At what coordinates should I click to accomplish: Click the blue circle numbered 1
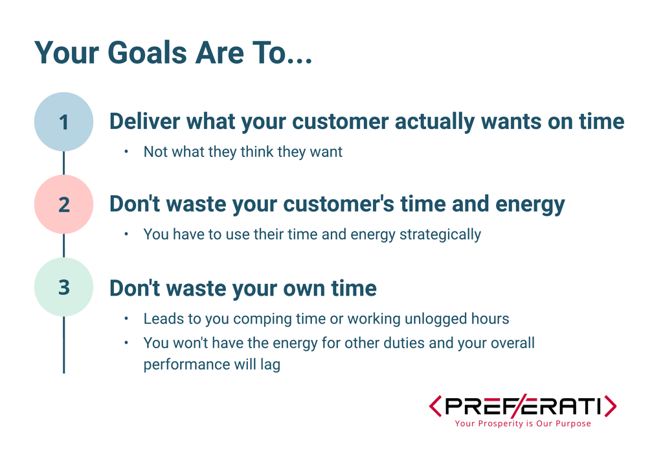[64, 122]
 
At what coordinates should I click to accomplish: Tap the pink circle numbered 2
[64, 204]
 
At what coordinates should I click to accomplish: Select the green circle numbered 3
[64, 287]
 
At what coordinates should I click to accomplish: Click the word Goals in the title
[147, 53]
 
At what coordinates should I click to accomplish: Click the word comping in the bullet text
[263, 319]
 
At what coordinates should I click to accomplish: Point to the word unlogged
[436, 319]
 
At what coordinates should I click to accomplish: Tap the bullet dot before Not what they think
[126, 151]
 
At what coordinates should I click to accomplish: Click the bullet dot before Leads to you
[126, 318]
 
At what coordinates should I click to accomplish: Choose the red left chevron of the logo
[435, 406]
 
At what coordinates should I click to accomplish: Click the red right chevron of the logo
[610, 406]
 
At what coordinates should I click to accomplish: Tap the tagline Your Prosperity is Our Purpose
[523, 423]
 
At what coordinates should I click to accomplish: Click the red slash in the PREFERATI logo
[517, 406]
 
